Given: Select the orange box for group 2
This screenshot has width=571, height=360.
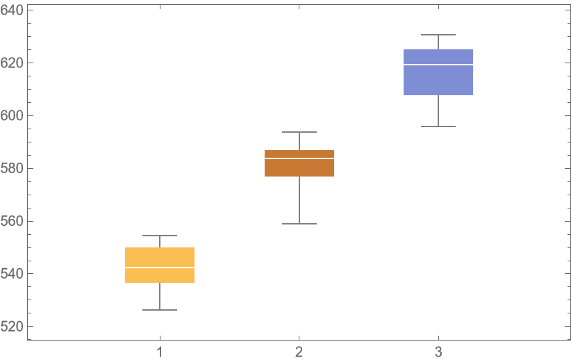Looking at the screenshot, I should (x=299, y=167).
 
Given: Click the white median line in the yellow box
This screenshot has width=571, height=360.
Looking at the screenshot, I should (x=160, y=268).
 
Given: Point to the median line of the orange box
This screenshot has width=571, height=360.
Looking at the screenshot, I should (x=299, y=159).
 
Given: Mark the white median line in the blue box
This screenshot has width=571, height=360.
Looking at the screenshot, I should (x=438, y=65).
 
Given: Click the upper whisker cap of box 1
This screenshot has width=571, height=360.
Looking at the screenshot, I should (x=160, y=236).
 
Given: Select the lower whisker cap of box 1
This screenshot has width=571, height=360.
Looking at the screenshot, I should (x=160, y=310).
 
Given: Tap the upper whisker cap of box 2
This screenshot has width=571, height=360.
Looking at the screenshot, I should (x=299, y=132).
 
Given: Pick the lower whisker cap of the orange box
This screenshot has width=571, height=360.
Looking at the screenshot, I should (x=299, y=224).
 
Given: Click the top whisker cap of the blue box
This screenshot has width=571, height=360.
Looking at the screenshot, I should (x=438, y=35).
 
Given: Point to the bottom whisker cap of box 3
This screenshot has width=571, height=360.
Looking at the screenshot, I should (x=438, y=126).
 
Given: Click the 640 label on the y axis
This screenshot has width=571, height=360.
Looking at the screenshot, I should (x=13, y=10).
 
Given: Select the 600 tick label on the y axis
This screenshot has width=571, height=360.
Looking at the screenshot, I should (x=13, y=115).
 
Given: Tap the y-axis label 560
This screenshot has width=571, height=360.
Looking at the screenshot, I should (x=13, y=221).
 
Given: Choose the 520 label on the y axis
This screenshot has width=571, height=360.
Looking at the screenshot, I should (x=13, y=326).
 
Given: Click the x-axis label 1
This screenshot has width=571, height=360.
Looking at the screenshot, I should (x=160, y=352).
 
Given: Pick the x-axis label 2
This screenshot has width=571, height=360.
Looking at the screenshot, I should (x=299, y=352).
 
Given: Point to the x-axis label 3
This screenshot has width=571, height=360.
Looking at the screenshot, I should (x=438, y=352).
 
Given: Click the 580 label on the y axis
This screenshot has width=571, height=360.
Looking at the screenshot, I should (x=13, y=168).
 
